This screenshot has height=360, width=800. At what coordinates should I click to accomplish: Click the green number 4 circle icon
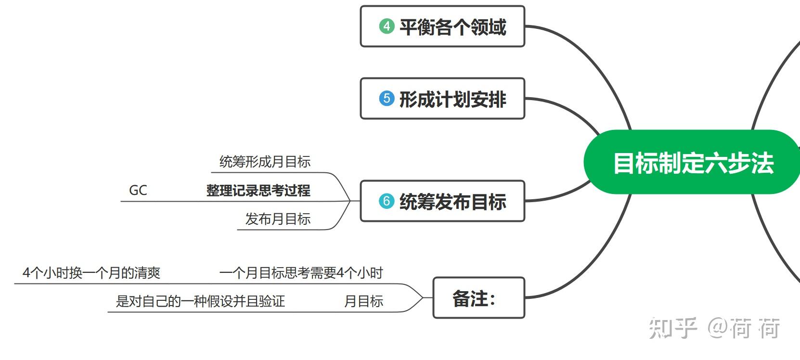click(x=387, y=26)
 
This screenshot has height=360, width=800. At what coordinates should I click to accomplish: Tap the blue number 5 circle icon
click(x=387, y=99)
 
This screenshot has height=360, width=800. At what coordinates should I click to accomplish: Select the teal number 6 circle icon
click(x=387, y=201)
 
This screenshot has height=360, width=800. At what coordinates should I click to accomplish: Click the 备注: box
click(x=478, y=298)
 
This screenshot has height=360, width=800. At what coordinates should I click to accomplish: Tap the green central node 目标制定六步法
click(x=692, y=163)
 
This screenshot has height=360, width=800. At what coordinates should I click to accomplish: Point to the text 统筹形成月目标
click(x=265, y=162)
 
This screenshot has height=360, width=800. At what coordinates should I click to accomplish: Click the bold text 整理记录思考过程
click(x=258, y=191)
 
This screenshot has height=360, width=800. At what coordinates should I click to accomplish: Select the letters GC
click(x=138, y=191)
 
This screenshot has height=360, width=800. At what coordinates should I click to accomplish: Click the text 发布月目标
click(x=278, y=219)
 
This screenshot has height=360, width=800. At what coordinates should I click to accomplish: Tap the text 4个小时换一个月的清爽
click(x=91, y=273)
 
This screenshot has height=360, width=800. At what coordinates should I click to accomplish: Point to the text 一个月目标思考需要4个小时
click(x=301, y=273)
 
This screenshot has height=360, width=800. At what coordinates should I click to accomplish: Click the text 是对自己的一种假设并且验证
click(x=200, y=302)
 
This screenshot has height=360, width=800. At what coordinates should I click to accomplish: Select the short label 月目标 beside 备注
click(x=363, y=302)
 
